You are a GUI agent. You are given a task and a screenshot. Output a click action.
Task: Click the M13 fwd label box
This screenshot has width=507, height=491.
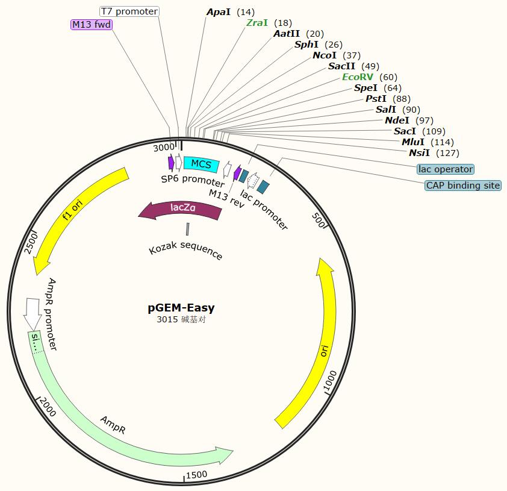pyautogui.click(x=92, y=24)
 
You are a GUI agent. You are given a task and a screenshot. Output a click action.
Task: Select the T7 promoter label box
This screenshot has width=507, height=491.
pyautogui.click(x=129, y=11)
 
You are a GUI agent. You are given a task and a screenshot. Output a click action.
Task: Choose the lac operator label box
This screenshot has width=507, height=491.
pyautogui.click(x=446, y=169)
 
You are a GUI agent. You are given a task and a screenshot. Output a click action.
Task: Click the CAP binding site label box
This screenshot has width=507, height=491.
pyautogui.click(x=463, y=186)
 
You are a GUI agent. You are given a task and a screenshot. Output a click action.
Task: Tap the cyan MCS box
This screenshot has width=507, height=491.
pyautogui.click(x=201, y=163)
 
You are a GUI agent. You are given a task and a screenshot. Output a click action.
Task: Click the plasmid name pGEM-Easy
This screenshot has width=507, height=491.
pyautogui.click(x=181, y=308)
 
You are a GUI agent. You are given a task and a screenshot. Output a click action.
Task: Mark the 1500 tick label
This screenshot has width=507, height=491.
pyautogui.click(x=196, y=475)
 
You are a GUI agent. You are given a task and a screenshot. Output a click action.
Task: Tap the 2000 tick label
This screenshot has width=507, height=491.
pyautogui.click(x=48, y=409)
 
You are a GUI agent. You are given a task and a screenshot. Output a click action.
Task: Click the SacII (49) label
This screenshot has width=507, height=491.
pyautogui.click(x=353, y=66)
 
